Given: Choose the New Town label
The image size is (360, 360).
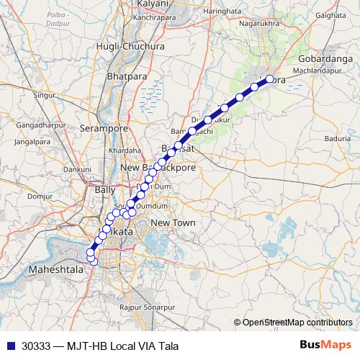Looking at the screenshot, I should point(173,223).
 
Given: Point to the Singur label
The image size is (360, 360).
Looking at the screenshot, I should point(45,94).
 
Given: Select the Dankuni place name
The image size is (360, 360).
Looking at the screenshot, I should point(77,169).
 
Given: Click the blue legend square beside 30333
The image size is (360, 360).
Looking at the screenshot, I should point(9,346).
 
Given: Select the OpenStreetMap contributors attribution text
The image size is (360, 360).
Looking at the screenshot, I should point(298,322).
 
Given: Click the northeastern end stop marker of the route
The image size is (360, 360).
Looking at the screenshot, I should point(270,79).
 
